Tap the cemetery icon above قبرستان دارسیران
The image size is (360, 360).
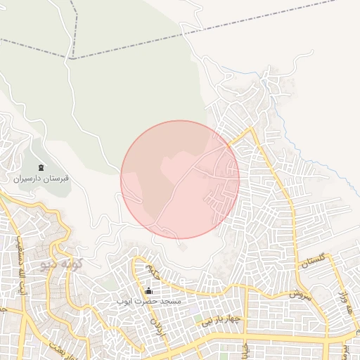(41, 167)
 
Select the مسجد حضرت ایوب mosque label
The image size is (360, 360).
(149, 301)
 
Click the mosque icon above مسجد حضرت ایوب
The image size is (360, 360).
(148, 290)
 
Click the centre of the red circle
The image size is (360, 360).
(180, 179)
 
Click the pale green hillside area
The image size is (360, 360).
(127, 84)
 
